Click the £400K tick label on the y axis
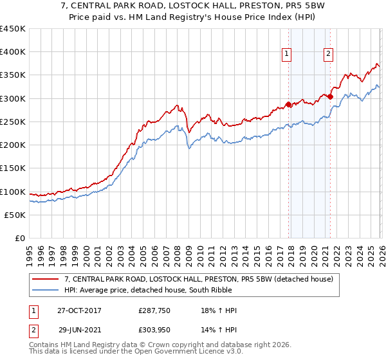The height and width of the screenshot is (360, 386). click(x=13, y=52)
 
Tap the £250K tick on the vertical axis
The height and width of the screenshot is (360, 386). click(x=13, y=122)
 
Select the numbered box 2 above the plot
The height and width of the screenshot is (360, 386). click(x=328, y=55)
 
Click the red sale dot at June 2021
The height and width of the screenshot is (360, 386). click(x=330, y=97)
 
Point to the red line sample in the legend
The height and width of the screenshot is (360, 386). click(x=46, y=279)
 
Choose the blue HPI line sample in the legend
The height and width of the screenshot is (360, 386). click(x=46, y=291)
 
